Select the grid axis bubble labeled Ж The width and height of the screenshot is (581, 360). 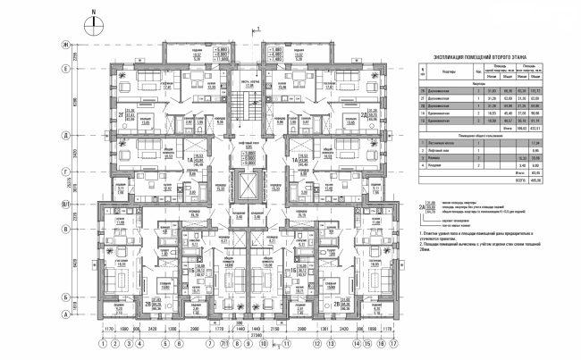(x=65, y=44)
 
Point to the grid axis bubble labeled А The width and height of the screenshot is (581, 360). (x=65, y=314)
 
